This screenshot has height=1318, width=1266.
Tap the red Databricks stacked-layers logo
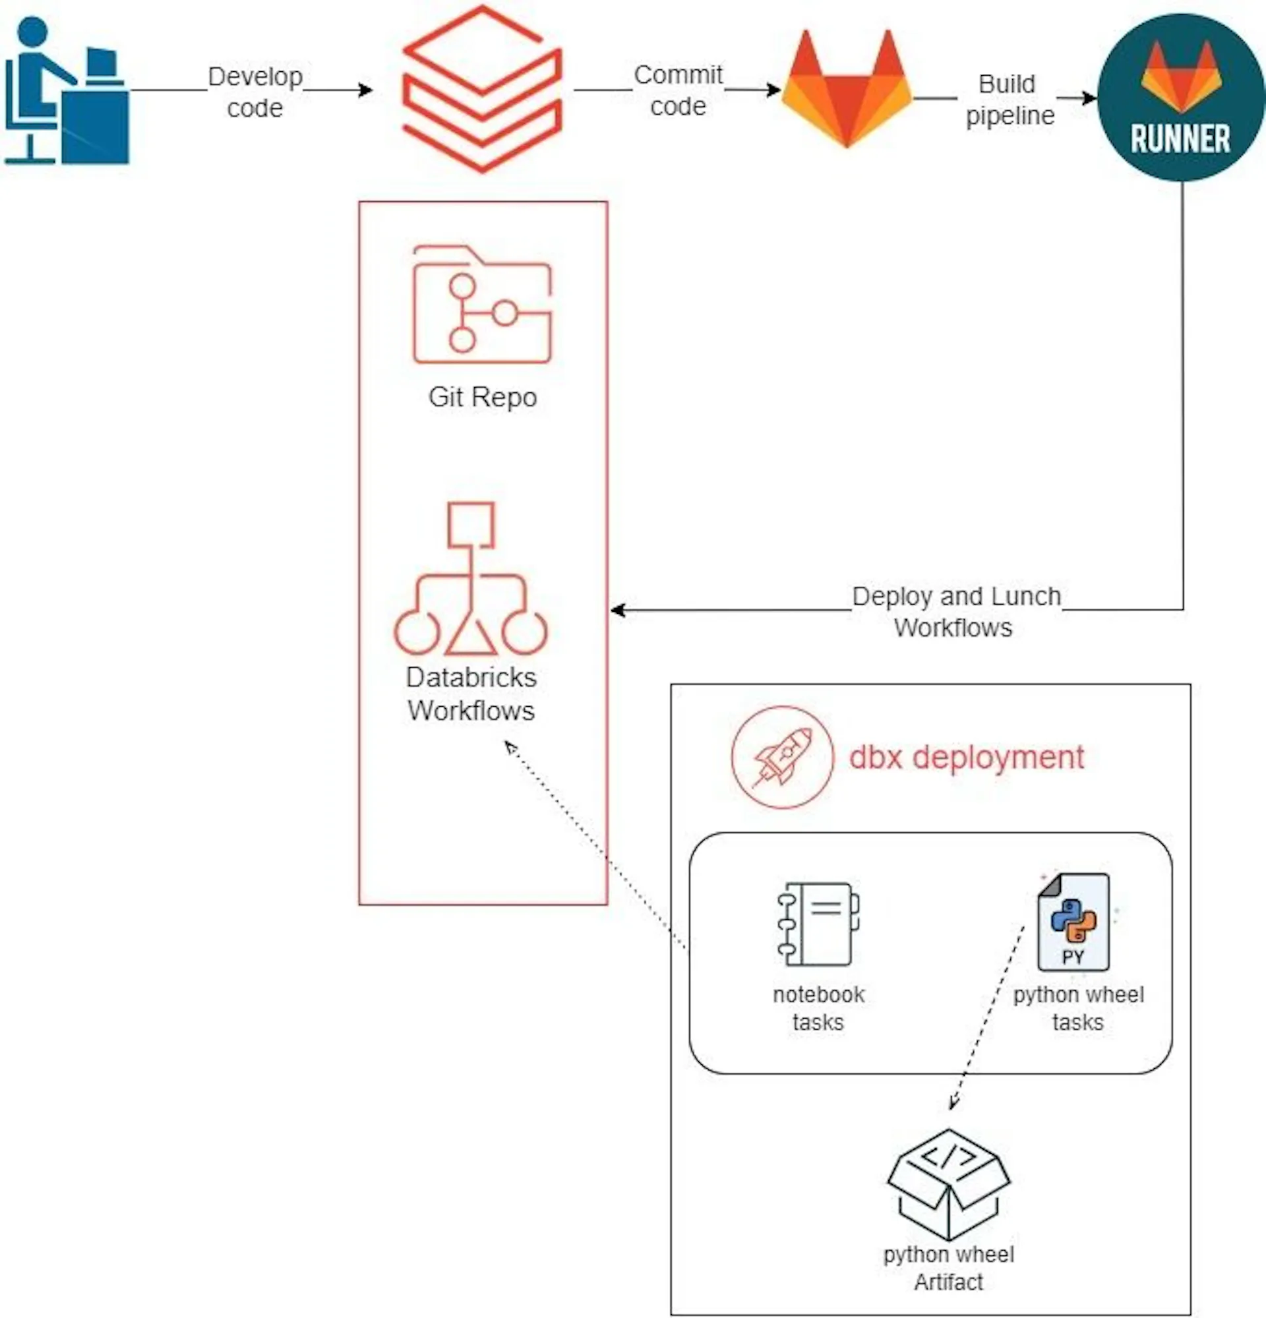pyautogui.click(x=481, y=90)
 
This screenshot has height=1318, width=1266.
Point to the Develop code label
pyautogui.click(x=255, y=92)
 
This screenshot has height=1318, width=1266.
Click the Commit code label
pyautogui.click(x=678, y=90)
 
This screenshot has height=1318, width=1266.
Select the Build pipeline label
pyautogui.click(x=1009, y=100)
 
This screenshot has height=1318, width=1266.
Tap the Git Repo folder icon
pyautogui.click(x=481, y=305)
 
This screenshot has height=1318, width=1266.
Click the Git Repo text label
pyautogui.click(x=482, y=398)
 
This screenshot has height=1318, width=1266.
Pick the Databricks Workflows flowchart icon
pyautogui.click(x=471, y=580)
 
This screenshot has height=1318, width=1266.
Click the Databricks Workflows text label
pyautogui.click(x=471, y=694)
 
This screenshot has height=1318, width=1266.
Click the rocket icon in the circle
pyautogui.click(x=782, y=757)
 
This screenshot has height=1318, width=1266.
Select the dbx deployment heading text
pyautogui.click(x=965, y=757)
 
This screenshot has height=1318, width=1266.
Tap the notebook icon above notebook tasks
pyautogui.click(x=818, y=924)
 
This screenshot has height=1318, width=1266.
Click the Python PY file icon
pyautogui.click(x=1073, y=922)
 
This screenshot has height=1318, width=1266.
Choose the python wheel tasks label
pyautogui.click(x=1077, y=1008)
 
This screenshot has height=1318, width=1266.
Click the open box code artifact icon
pyautogui.click(x=948, y=1184)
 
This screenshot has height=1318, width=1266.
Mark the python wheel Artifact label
pyautogui.click(x=948, y=1269)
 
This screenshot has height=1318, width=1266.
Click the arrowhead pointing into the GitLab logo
pyautogui.click(x=775, y=90)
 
